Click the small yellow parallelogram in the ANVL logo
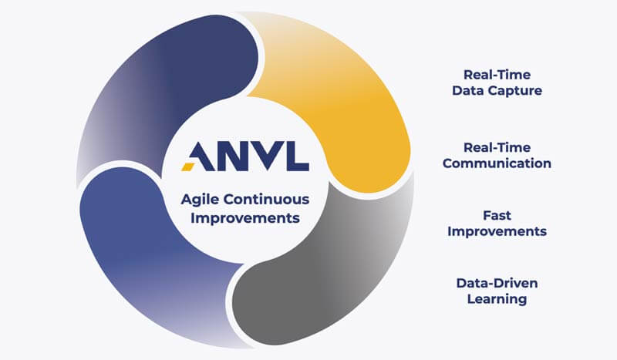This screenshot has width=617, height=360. click(187, 167)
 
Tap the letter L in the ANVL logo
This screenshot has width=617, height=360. click(296, 156)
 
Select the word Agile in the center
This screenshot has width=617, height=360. click(200, 200)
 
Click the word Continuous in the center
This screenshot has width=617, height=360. click(266, 200)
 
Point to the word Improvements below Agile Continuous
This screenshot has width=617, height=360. click(245, 218)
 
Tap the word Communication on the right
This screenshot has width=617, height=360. click(497, 163)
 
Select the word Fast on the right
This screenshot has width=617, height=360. click(497, 215)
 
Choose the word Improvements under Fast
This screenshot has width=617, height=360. click(497, 231)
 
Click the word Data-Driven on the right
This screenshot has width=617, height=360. click(497, 283)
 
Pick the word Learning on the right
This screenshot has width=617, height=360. click(497, 299)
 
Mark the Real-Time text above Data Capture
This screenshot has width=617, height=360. click(497, 75)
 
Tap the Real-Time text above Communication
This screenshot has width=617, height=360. click(497, 147)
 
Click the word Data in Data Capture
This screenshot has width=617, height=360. click(469, 90)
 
